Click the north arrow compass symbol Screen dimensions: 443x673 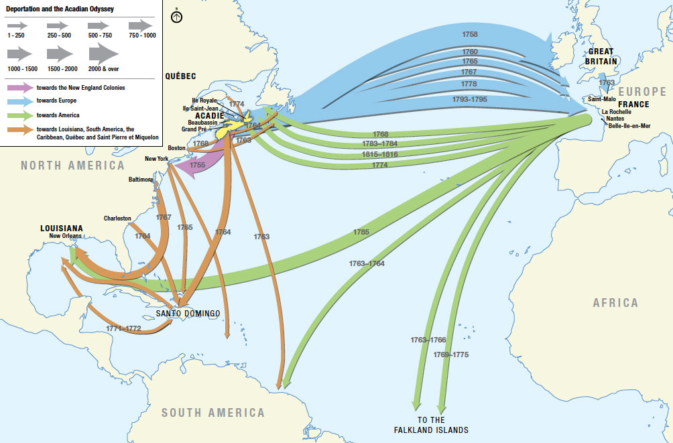[x=177, y=16]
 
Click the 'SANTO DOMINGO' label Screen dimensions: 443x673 [x=188, y=313]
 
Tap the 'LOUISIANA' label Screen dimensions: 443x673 [x=62, y=228]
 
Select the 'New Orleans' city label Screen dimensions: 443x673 [x=66, y=237]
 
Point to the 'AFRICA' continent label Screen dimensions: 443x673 [x=615, y=303]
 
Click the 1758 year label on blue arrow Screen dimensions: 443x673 [x=471, y=33]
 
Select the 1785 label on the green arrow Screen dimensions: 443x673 [x=361, y=233]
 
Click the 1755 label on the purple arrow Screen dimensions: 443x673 [x=198, y=164]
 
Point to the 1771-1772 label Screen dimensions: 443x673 [x=123, y=328]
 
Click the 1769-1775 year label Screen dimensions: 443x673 [x=450, y=354]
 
